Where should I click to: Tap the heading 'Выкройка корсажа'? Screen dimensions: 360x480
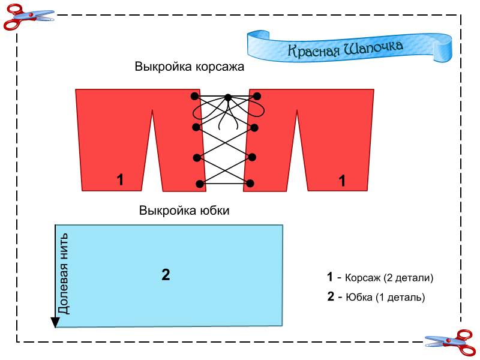[190, 67]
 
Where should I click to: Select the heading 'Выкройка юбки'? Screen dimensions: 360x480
[184, 211]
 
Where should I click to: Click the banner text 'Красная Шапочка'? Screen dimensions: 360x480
[345, 49]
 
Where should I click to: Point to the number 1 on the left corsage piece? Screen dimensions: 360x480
[120, 179]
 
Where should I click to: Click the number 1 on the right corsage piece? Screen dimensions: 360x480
[343, 180]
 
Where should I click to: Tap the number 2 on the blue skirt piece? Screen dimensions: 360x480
[166, 275]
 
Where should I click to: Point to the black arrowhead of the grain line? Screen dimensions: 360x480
[55, 323]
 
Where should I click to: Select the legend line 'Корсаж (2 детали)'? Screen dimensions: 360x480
[380, 278]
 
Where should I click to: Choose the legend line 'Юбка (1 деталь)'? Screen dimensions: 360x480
[376, 297]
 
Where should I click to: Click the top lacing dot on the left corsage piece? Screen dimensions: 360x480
[194, 96]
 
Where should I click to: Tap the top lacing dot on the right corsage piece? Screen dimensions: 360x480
[257, 95]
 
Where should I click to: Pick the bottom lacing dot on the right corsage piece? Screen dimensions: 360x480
[250, 183]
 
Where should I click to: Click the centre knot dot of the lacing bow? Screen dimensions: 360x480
[228, 97]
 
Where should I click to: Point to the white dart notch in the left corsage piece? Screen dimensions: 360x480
[153, 144]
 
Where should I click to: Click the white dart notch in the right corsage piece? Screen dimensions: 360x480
[298, 144]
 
